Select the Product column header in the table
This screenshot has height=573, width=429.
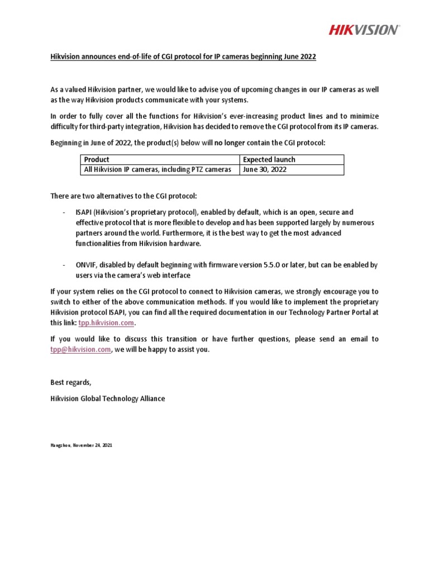[96, 159]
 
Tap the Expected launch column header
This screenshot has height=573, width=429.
[269, 159]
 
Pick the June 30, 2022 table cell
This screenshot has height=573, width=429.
[265, 170]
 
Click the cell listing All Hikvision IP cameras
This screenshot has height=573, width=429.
[156, 170]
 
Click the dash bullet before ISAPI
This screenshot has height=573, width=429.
[64, 212]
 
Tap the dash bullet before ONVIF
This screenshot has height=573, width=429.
[64, 265]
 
